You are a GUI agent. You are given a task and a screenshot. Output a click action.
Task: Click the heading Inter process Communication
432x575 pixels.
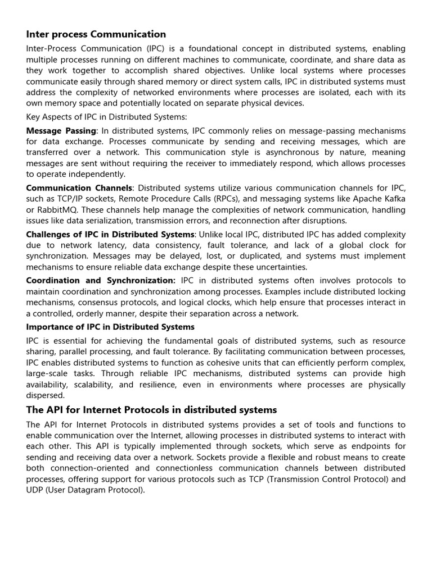(96, 34)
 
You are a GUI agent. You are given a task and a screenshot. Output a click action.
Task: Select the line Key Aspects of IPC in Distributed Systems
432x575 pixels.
(107, 117)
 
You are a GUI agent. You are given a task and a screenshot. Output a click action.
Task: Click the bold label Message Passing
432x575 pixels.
(61, 130)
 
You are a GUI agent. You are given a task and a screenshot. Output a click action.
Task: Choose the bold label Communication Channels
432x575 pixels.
(79, 188)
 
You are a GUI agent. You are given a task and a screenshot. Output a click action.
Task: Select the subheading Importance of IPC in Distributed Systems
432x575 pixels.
(110, 327)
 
